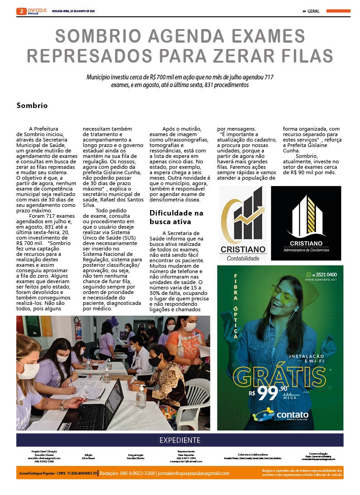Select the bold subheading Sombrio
click(32, 105)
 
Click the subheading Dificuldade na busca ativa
click(176, 217)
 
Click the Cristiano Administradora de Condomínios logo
click(306, 223)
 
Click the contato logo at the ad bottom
click(281, 415)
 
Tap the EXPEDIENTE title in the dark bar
click(180, 440)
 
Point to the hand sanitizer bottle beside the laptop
click(141, 396)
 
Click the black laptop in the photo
click(97, 406)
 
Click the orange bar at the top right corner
click(338, 11)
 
